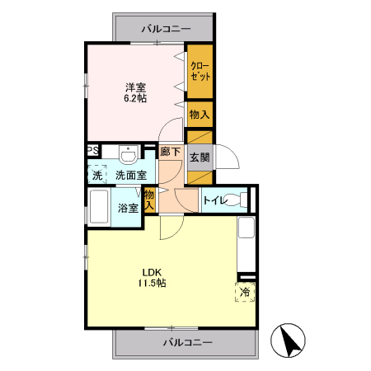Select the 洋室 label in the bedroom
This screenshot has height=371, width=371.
coord(136,87)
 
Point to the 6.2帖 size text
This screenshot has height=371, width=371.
coord(136,98)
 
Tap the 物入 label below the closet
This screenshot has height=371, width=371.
coord(200,114)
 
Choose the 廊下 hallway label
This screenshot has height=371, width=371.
coord(171,153)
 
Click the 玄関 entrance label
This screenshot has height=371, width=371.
coord(200,157)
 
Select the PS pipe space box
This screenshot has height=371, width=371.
coord(93,151)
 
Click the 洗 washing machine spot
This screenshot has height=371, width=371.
coord(97,175)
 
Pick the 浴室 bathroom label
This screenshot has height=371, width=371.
coord(127,208)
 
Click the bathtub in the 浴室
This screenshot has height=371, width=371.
coord(98,208)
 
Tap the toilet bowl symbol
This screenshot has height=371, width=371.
coord(239,200)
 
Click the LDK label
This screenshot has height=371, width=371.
coord(151,272)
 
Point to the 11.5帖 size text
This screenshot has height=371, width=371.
coord(151,284)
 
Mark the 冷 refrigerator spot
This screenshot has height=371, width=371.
coord(245,292)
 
